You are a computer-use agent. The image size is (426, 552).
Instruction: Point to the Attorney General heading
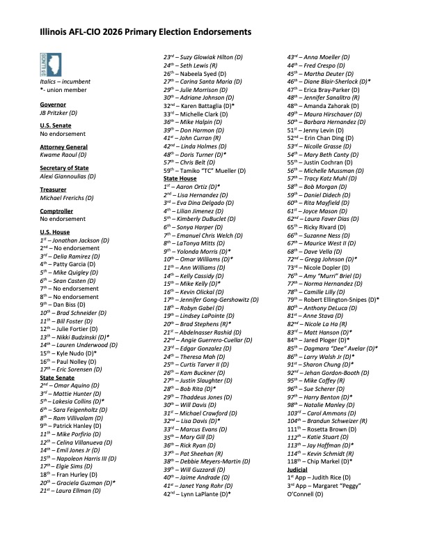(x=63, y=148)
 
